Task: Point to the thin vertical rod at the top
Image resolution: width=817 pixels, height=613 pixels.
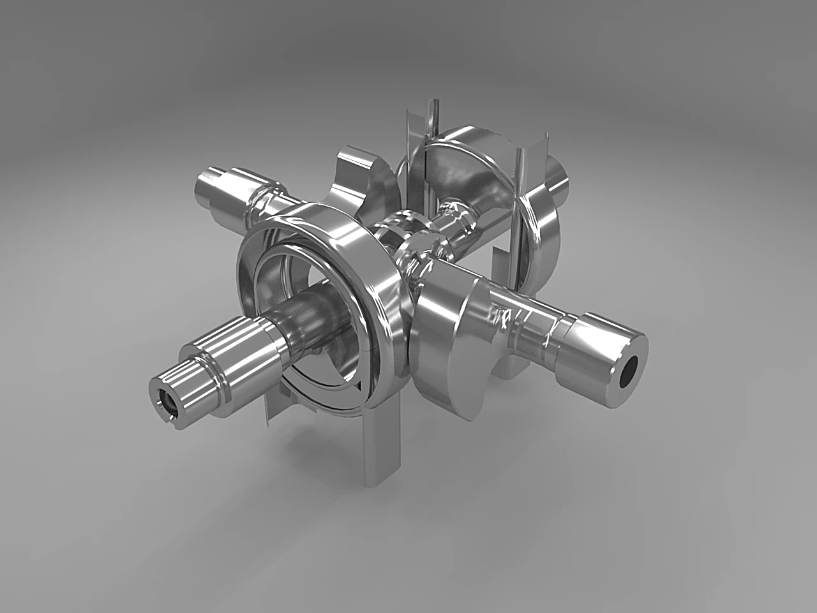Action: [435, 115]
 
